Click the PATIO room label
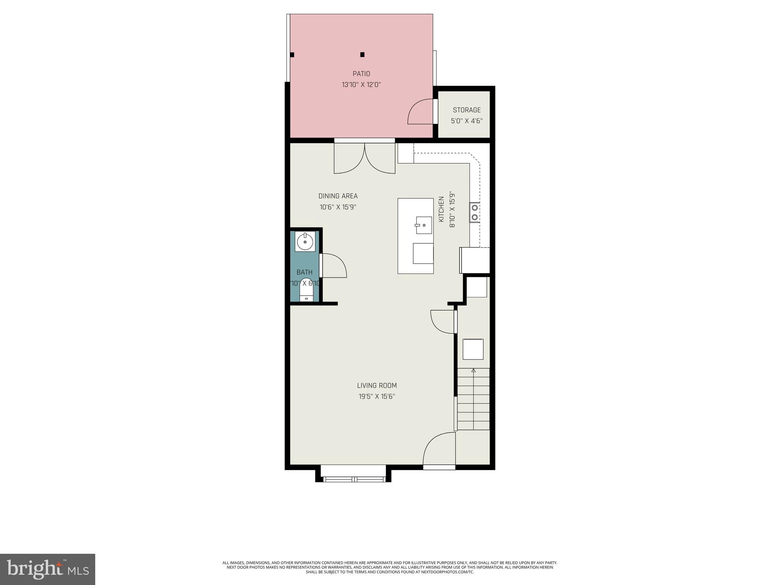pos(361,74)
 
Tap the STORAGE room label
pos(467,110)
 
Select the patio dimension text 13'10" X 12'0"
pos(361,85)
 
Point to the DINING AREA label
pos(338,196)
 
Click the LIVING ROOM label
pos(377,385)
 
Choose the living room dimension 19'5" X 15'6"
pos(377,396)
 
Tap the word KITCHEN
pos(441,209)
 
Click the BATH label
pos(304,272)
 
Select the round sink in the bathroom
pos(305,241)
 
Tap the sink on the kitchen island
pos(424,225)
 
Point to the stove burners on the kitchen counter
pos(475,213)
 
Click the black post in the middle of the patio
pos(362,54)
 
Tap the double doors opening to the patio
pos(364,158)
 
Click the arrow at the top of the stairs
pos(473,370)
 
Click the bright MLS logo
pos(48,569)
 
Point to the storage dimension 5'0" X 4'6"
pos(467,121)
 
